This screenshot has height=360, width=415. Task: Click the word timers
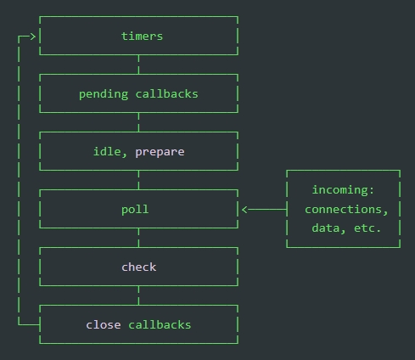click(x=142, y=37)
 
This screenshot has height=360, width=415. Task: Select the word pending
click(x=104, y=94)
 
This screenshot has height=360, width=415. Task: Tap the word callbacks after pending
click(x=167, y=93)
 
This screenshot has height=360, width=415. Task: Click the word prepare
click(x=160, y=153)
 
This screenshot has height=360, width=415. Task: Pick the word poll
click(x=135, y=210)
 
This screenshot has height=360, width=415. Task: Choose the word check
click(x=139, y=267)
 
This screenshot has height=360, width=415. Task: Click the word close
click(x=104, y=324)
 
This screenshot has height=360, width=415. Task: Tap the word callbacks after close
click(x=160, y=324)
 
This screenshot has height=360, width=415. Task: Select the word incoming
click(x=343, y=190)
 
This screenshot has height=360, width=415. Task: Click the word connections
click(x=346, y=210)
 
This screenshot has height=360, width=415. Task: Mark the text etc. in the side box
click(x=367, y=228)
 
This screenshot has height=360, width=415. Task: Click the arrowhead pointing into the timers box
click(x=33, y=37)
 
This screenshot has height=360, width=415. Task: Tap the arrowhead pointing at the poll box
click(x=244, y=210)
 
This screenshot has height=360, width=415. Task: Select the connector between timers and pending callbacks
click(x=138, y=65)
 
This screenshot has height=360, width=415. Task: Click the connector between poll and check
click(x=138, y=238)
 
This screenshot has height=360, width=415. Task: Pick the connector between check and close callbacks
click(x=138, y=295)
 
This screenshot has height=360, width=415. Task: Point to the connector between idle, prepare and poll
click(x=138, y=180)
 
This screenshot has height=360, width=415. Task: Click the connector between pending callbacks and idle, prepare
click(x=138, y=122)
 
